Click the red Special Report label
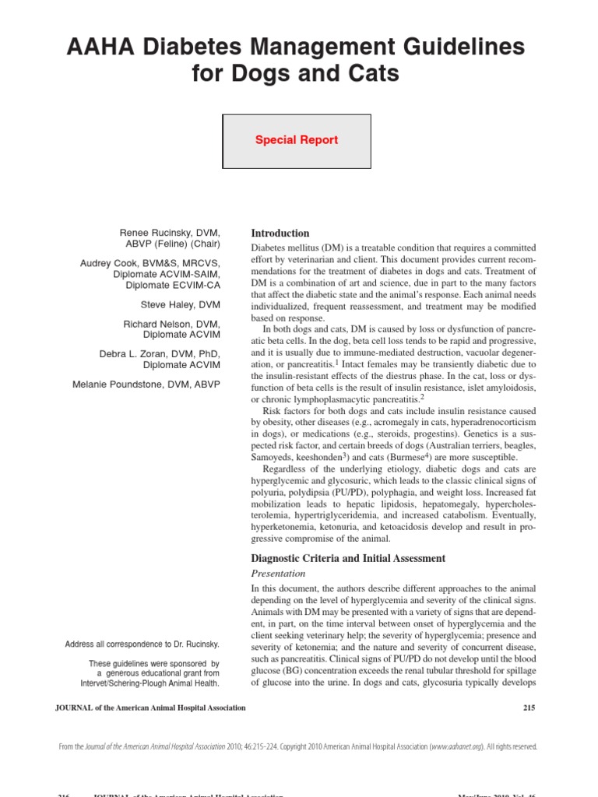pos(297,140)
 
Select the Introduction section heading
pos(280,233)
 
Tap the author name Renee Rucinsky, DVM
pos(170,233)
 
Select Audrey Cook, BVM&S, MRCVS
pos(149,264)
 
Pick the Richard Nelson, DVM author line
pos(171,324)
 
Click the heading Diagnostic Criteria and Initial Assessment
pos(348,558)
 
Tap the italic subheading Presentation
pos(278,574)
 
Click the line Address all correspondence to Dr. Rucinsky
pos(142,644)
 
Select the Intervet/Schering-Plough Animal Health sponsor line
pos(149,683)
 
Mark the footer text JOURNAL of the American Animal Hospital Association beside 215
pos(151,707)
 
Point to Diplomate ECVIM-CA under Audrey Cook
pos(173,285)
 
